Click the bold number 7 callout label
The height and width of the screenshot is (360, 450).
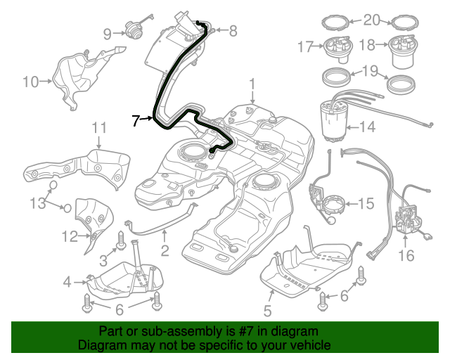pos(136,120)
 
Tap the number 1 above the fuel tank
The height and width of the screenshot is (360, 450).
pos(251,85)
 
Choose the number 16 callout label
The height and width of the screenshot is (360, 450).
pos(406,255)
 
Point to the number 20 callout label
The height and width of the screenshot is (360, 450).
pos(371,19)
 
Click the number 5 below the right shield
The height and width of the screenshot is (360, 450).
pos(267,310)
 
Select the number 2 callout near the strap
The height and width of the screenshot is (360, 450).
pos(165,250)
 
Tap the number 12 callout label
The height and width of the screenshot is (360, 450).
pos(70,237)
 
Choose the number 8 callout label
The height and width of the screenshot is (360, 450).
pos(233,30)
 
